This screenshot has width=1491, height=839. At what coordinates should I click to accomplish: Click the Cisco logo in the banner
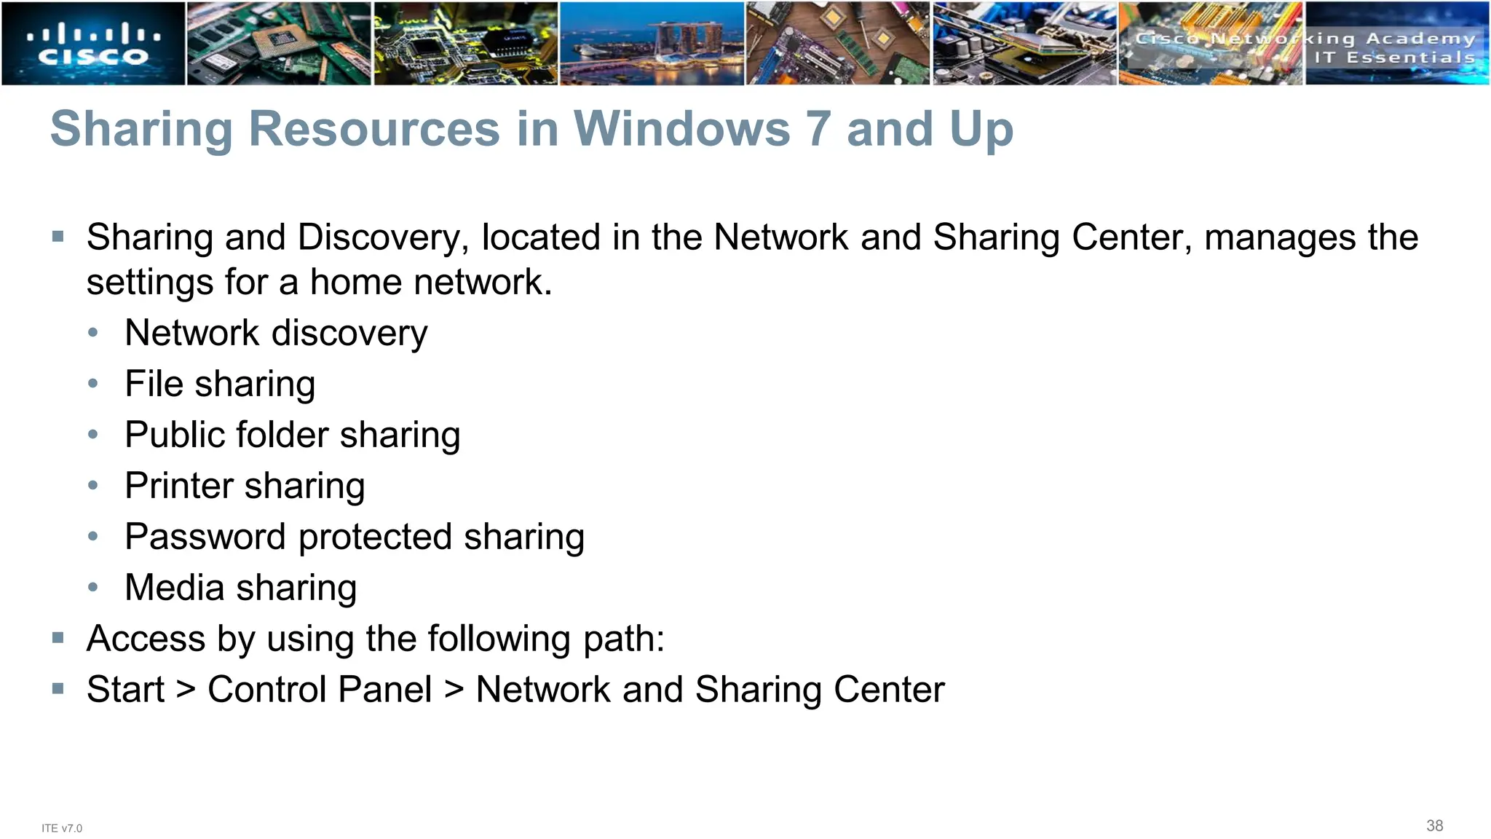[93, 44]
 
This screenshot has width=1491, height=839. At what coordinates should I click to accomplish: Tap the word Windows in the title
[681, 130]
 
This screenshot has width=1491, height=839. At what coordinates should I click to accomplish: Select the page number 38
[1434, 825]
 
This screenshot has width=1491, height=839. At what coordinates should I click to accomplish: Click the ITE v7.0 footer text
[62, 828]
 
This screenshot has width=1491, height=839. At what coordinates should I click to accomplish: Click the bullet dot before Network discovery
[92, 333]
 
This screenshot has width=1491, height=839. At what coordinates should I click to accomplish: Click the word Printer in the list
[178, 486]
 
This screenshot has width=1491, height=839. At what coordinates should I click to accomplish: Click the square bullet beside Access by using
[58, 639]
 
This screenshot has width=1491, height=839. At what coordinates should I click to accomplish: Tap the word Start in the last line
[125, 690]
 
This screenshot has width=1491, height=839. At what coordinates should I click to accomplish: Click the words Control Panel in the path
[320, 690]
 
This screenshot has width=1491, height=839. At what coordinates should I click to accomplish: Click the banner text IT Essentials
[1394, 58]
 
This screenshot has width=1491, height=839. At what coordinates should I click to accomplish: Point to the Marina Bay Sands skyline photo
[652, 44]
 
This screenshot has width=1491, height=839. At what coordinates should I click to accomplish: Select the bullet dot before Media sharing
[92, 588]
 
